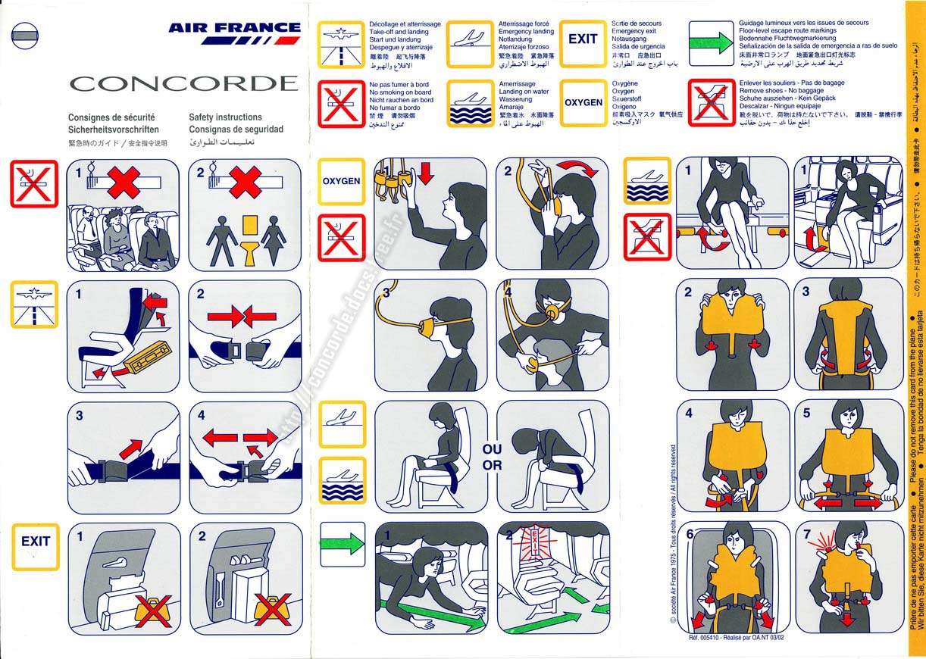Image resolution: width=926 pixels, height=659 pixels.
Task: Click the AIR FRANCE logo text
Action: click(235, 28)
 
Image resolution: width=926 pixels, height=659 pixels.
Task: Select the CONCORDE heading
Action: click(184, 83)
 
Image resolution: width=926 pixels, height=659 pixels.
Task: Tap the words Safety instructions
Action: click(225, 117)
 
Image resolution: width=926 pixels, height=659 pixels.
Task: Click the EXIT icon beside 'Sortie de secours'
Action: click(583, 40)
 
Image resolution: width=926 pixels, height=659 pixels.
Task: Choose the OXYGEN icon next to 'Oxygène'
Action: click(583, 102)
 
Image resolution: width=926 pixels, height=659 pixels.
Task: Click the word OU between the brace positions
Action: click(492, 450)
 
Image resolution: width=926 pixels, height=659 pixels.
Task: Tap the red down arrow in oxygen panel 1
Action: click(425, 173)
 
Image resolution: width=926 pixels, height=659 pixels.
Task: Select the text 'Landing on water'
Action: click(524, 92)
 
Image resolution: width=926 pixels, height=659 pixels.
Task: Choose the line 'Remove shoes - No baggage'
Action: click(781, 91)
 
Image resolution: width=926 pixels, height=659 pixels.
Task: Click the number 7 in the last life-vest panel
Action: click(807, 533)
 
